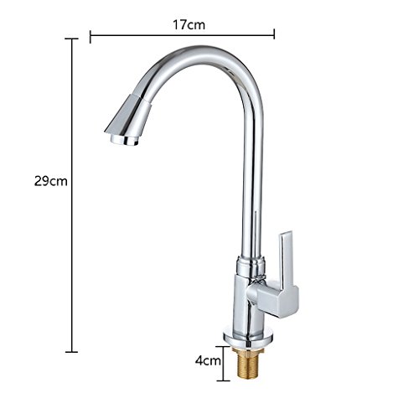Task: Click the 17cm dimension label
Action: coord(189,25)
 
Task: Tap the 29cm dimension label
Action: coord(51,181)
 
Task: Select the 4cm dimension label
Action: coord(208,360)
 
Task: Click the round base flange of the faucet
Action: coord(248,339)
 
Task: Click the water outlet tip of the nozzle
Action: coord(124,140)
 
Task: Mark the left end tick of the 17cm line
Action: coord(91,37)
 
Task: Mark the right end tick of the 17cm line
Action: coord(274,34)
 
